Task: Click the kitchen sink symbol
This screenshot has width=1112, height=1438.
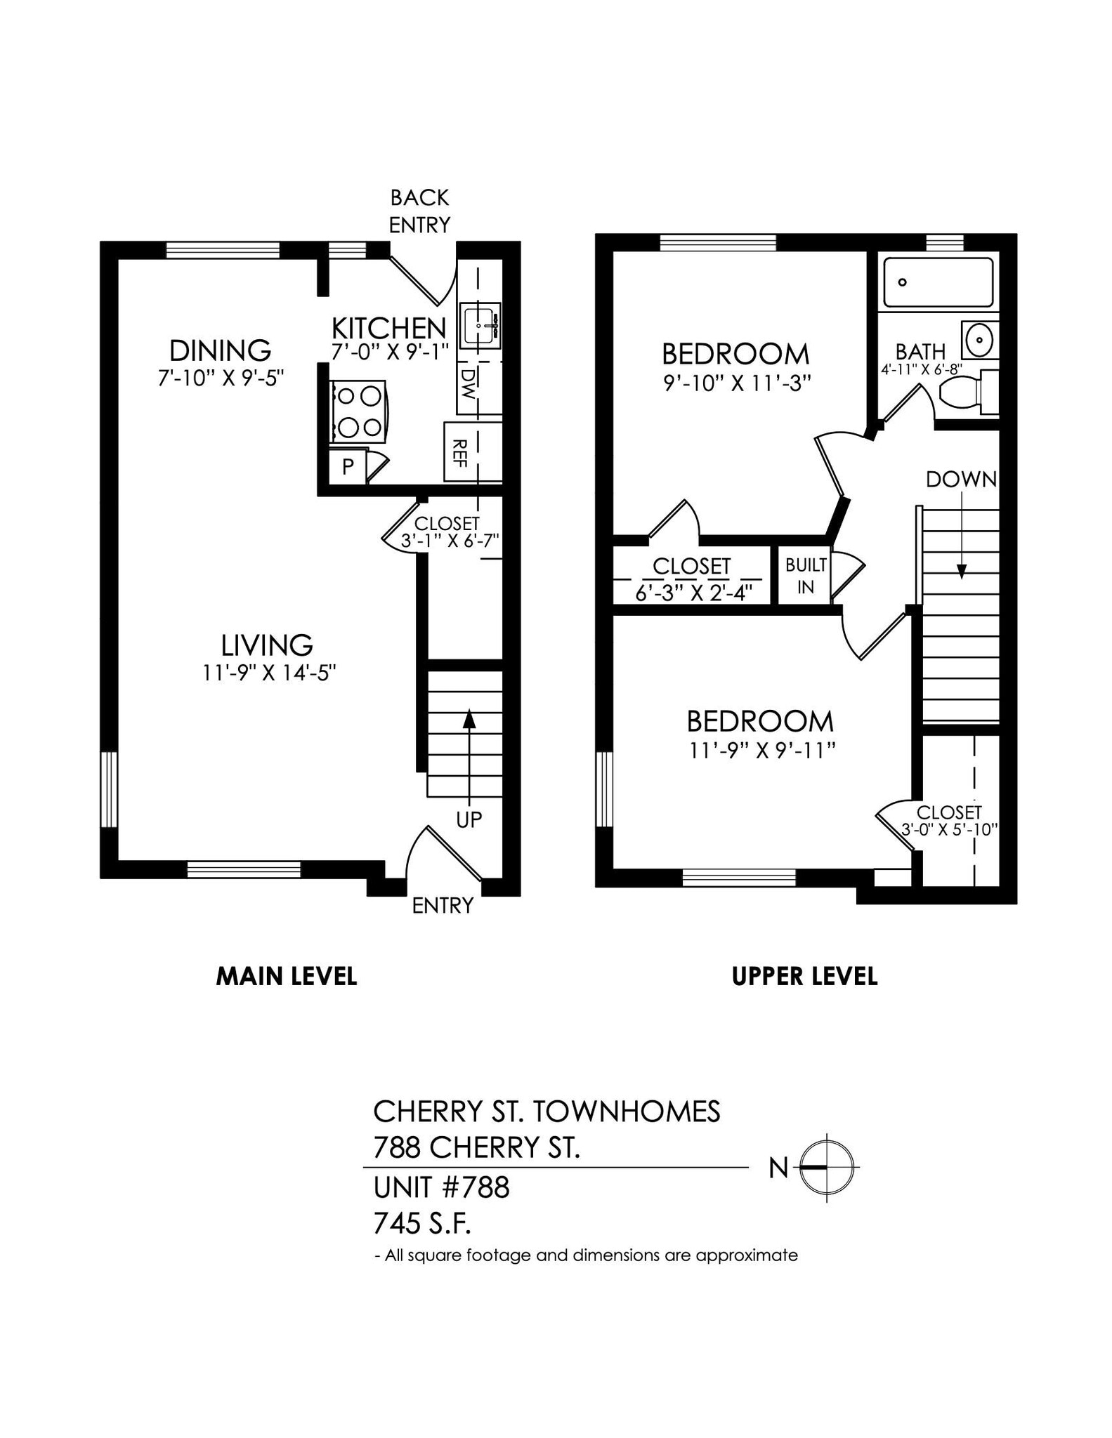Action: pyautogui.click(x=480, y=326)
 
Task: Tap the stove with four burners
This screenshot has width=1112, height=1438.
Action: pyautogui.click(x=358, y=411)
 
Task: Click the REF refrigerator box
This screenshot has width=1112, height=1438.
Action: pyautogui.click(x=461, y=451)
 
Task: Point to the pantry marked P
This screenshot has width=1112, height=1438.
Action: pyautogui.click(x=348, y=466)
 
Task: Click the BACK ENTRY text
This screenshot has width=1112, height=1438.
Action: pyautogui.click(x=419, y=211)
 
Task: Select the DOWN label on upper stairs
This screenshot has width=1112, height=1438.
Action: pyautogui.click(x=960, y=480)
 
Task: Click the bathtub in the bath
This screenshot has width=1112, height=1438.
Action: pyautogui.click(x=938, y=282)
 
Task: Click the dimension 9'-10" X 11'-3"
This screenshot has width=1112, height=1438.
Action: pyautogui.click(x=736, y=383)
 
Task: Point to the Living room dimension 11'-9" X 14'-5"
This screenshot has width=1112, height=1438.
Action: pyautogui.click(x=269, y=673)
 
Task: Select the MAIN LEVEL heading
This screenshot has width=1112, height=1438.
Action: pyautogui.click(x=286, y=976)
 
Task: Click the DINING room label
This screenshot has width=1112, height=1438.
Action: pyautogui.click(x=220, y=350)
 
